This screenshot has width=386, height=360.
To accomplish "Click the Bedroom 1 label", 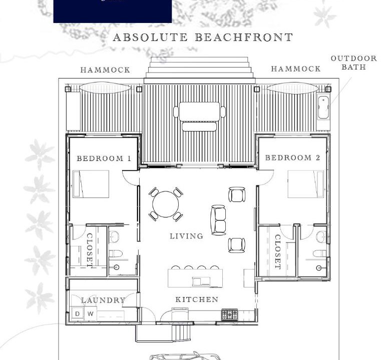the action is point(104,158).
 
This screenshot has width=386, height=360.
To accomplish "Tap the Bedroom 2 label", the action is point(292,157).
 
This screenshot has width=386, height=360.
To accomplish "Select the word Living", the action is point(186,236).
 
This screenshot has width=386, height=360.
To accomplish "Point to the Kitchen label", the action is point(197,299).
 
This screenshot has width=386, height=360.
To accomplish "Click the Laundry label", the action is point(104,300).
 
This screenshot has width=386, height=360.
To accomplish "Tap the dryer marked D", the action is point(77,314).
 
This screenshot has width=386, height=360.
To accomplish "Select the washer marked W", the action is point(90,314).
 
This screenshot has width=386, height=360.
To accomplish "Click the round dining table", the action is point(165,204).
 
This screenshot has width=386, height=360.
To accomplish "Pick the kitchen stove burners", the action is point(229,314).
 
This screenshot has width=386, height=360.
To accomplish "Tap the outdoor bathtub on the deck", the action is point(323,107).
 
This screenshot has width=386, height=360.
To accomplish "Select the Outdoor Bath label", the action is point(354,62).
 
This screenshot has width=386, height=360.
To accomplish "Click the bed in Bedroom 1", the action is point(91,184).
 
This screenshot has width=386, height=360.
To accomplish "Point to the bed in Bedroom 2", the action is point(306,184).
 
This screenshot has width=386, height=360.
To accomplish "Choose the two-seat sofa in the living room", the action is point(218,220).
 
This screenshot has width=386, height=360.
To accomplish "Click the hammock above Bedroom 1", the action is point(105,88).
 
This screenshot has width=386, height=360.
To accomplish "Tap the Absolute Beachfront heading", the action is point(203,37).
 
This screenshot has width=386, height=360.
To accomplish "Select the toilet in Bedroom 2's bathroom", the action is point(319,253).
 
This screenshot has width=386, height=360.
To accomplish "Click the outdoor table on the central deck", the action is point(199,111).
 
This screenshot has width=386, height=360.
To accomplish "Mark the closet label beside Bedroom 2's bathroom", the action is point(278,252).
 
